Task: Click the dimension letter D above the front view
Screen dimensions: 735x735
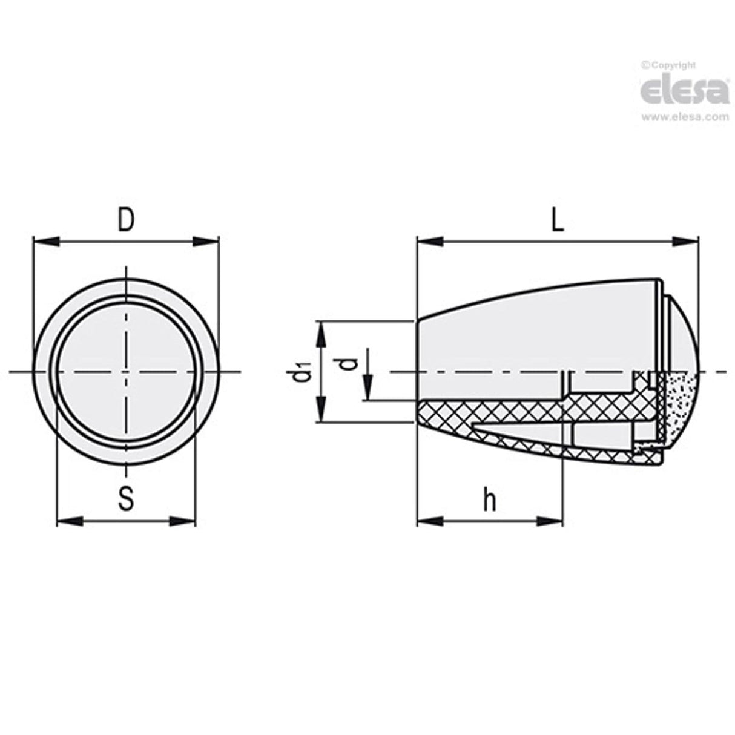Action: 125,221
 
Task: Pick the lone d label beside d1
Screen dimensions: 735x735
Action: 347,363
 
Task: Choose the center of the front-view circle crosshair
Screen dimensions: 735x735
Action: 126,371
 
